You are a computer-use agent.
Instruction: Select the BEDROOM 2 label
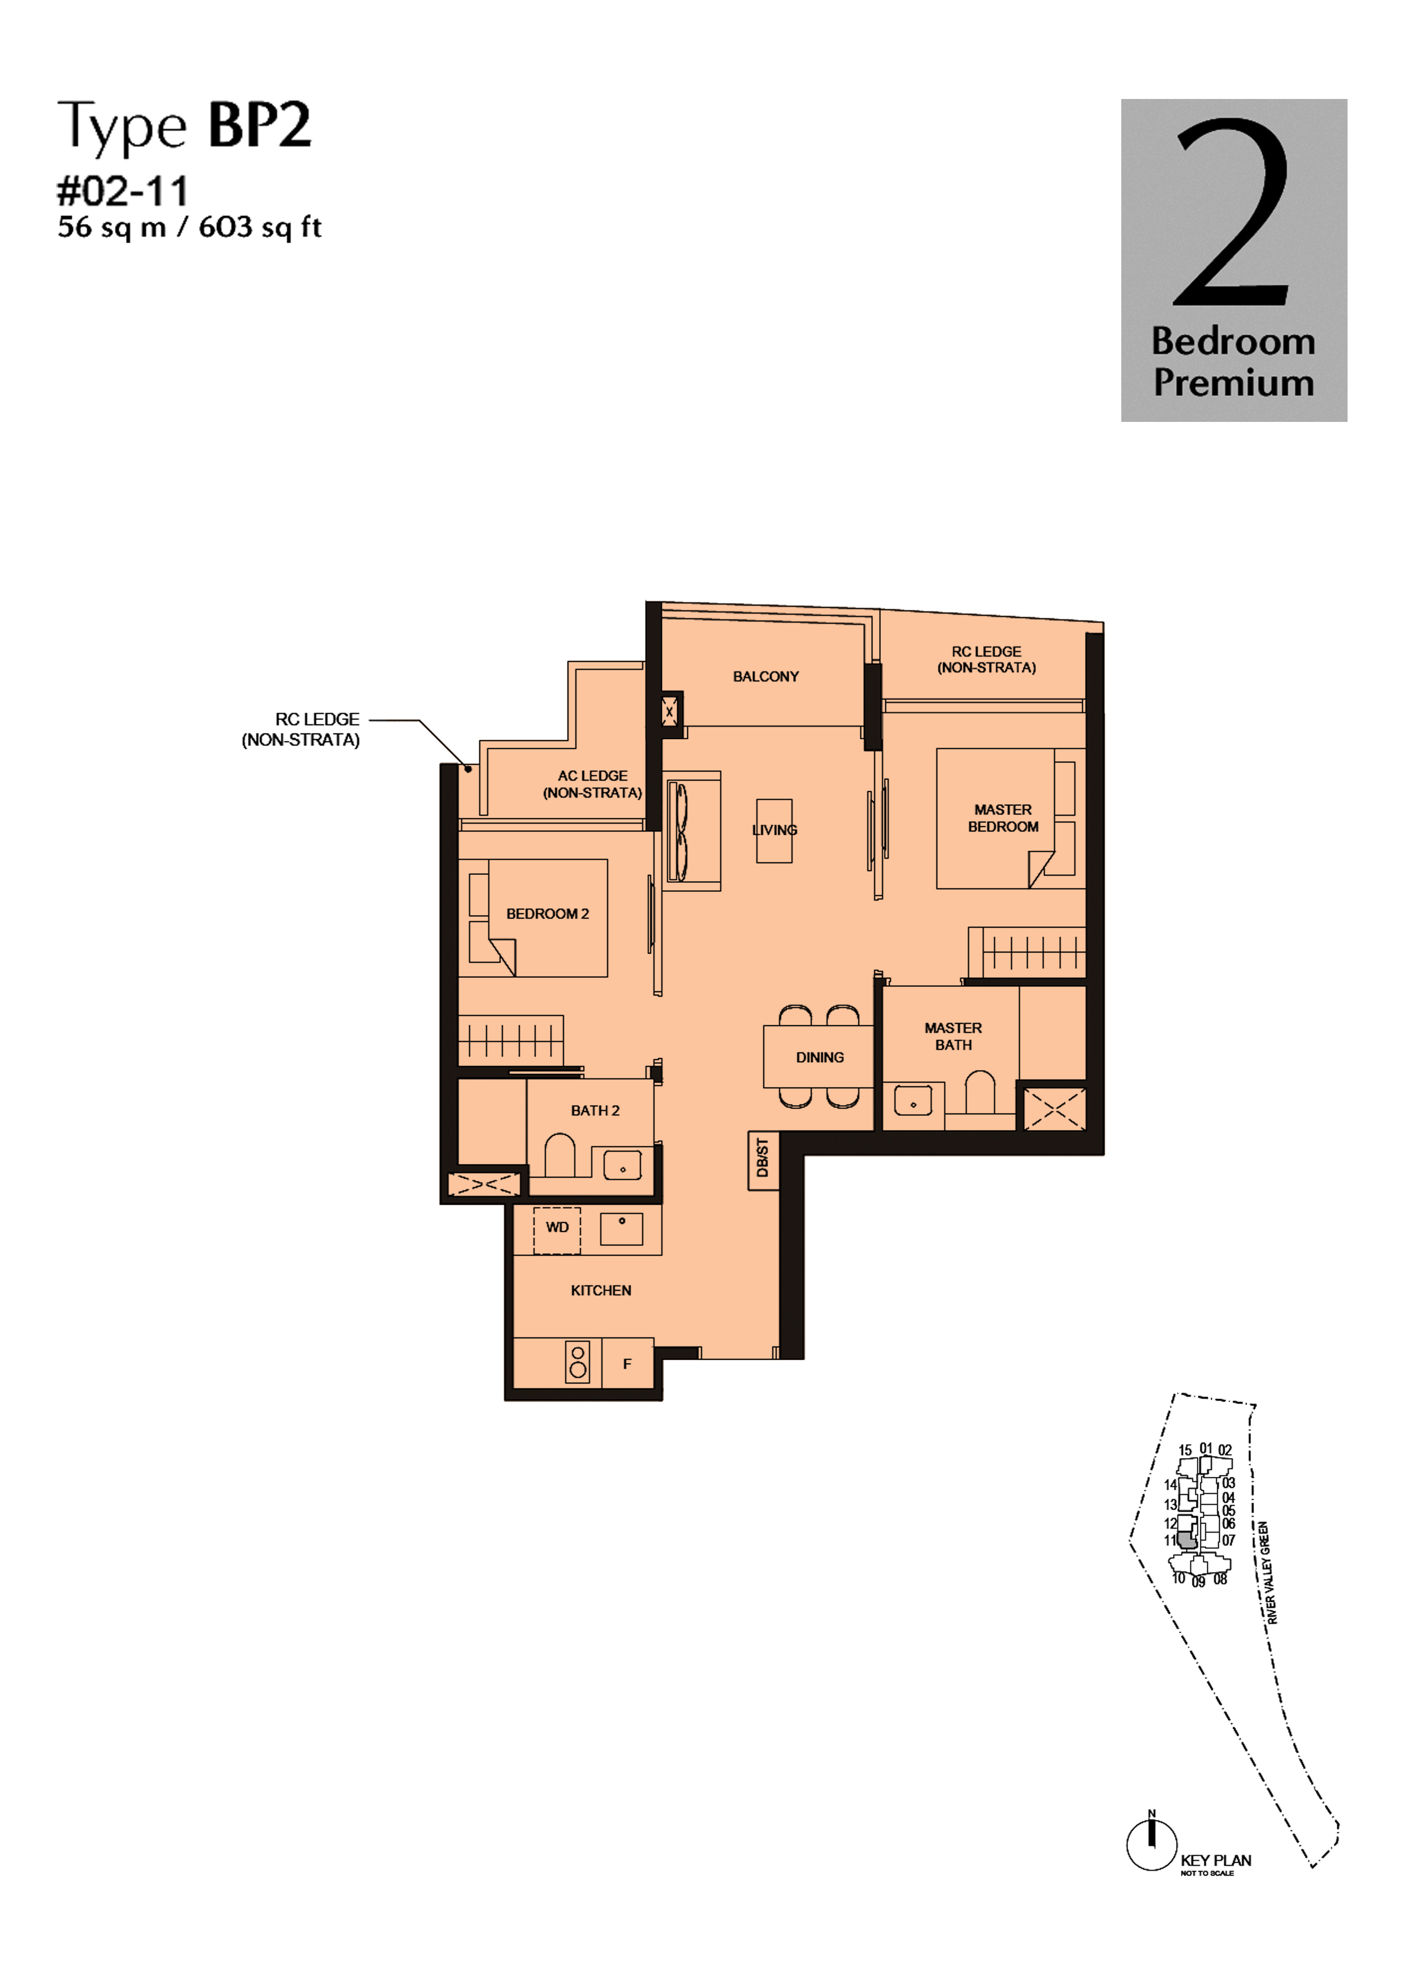coord(547,914)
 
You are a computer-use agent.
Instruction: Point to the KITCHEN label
coord(601,1290)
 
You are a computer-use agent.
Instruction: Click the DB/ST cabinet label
coord(763,1158)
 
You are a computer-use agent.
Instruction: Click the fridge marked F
coord(627,1364)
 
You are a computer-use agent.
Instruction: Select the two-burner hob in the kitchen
coord(578,1362)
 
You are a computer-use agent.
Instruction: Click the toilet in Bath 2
coord(560,1156)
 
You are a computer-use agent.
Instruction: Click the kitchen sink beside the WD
coord(622,1228)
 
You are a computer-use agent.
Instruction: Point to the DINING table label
coord(820,1058)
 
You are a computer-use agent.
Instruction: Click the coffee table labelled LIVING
coord(774,830)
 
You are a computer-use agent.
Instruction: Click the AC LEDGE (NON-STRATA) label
coord(592,784)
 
